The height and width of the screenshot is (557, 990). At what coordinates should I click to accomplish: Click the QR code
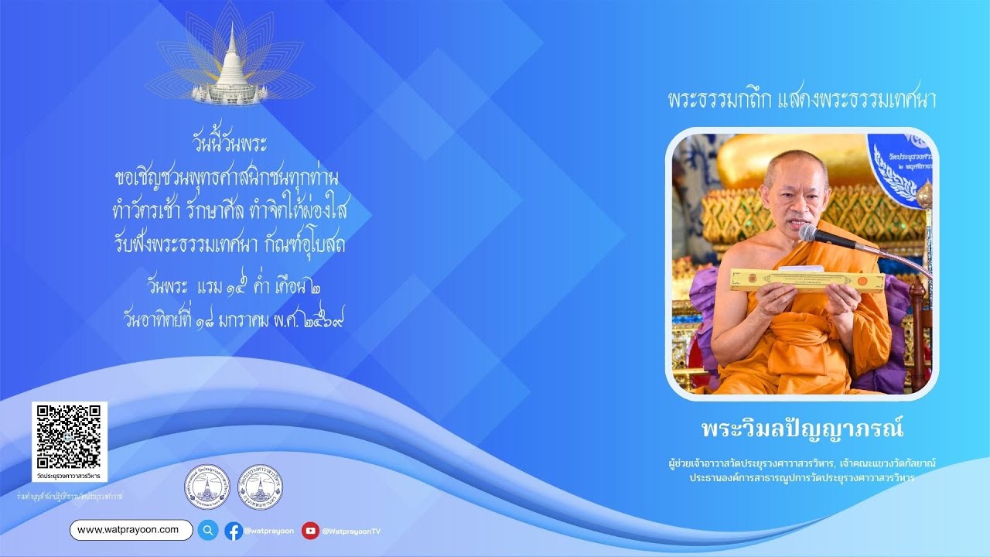(x=69, y=436)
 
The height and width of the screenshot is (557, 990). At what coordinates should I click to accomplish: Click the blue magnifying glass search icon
(x=208, y=530)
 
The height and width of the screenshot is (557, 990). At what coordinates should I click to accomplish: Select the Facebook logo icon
(x=234, y=531)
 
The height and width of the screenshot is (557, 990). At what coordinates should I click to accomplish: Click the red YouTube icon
(x=310, y=531)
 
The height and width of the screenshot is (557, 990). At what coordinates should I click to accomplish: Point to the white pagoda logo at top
(x=230, y=65)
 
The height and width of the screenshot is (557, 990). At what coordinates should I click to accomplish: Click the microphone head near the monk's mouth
(x=809, y=233)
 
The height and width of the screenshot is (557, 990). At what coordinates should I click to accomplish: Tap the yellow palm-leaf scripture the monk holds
(x=807, y=280)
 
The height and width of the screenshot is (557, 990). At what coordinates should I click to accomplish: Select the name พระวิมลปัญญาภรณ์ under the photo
(x=802, y=429)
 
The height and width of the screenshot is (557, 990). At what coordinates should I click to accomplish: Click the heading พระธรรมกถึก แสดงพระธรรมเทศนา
(x=802, y=101)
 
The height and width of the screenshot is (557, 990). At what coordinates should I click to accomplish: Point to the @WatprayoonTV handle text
(x=351, y=531)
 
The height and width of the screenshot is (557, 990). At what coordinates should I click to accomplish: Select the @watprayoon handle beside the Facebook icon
(x=268, y=531)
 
